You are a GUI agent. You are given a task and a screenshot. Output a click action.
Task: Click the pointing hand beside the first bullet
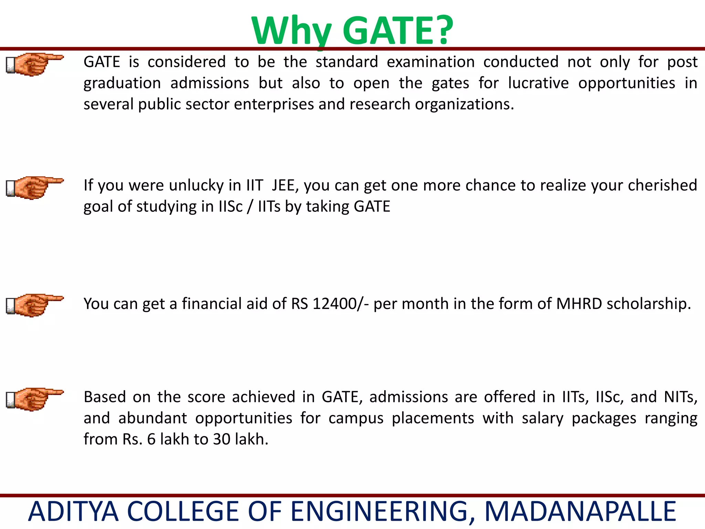pos(34,64)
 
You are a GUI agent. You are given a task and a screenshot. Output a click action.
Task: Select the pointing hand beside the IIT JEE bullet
pos(34,188)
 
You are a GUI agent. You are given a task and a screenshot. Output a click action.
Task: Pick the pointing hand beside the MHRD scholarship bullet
pos(34,305)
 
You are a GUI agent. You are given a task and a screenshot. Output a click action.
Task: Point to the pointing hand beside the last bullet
pos(34,399)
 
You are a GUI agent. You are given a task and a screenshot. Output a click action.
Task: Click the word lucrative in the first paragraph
pos(538,83)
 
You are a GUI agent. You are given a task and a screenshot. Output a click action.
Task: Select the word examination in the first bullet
pos(430,62)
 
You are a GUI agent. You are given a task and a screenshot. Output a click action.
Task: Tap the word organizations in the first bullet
pos(464,104)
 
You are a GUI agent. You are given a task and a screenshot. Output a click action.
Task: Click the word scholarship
pos(649,304)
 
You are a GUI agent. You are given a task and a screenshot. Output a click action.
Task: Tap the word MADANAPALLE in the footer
pos(580,512)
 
